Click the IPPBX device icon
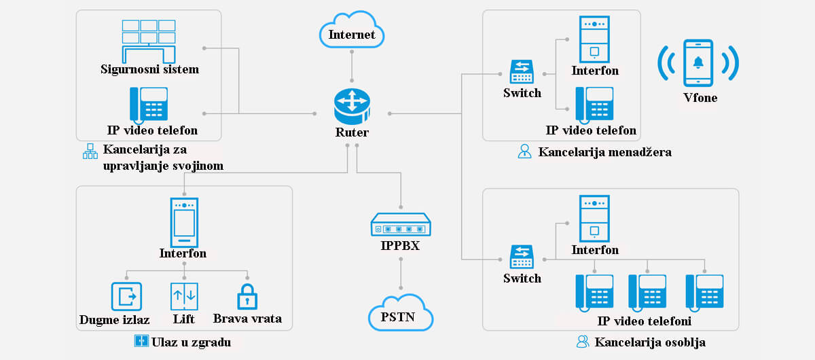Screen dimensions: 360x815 (401, 224)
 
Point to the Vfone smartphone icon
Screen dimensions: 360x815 (698, 63)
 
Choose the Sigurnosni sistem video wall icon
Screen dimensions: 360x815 (149, 40)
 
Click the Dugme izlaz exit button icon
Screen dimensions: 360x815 (126, 297)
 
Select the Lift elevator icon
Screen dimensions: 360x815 (183, 297)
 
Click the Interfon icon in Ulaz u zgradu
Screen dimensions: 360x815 (183, 222)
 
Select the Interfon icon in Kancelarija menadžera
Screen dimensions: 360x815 (594, 39)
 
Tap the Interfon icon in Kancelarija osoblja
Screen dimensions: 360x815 (594, 218)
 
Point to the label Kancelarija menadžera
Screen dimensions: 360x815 (604, 152)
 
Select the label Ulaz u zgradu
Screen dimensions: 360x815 (192, 342)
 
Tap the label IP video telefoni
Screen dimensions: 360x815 (645, 321)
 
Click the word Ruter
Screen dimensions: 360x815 (352, 132)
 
